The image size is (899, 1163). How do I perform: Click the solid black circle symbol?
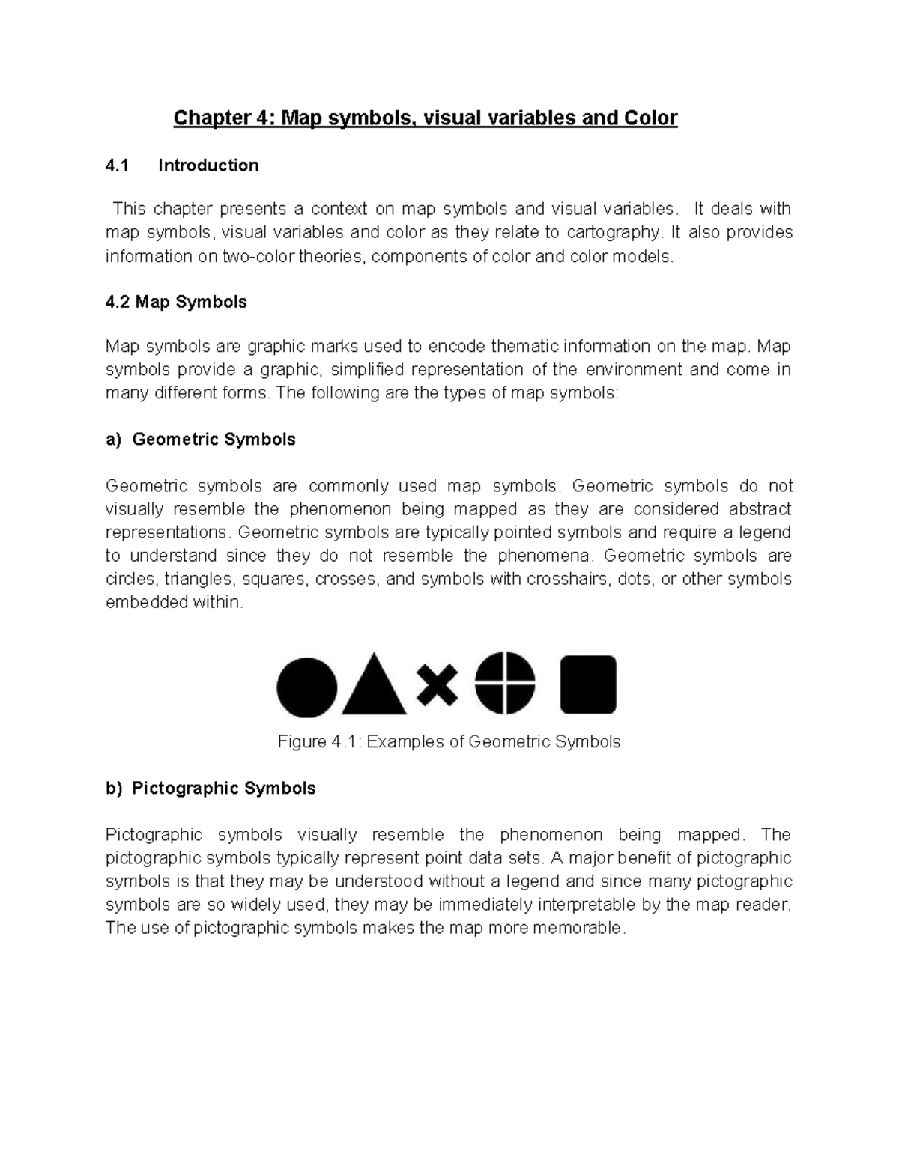coord(307,687)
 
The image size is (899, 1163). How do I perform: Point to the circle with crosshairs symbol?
coord(505,683)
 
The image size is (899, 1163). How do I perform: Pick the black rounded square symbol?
coord(588,684)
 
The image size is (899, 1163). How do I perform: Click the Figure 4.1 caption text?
coord(449,741)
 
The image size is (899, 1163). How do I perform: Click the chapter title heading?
coord(425,118)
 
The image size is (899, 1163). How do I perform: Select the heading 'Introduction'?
coord(208,166)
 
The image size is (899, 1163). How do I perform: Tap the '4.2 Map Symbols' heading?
coord(176,302)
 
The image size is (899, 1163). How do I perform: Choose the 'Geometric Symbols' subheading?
coord(214,440)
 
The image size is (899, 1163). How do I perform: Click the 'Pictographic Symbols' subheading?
coord(223,789)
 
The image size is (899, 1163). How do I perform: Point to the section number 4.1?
coord(117,166)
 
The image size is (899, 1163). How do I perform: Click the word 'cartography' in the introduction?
coord(614,232)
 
